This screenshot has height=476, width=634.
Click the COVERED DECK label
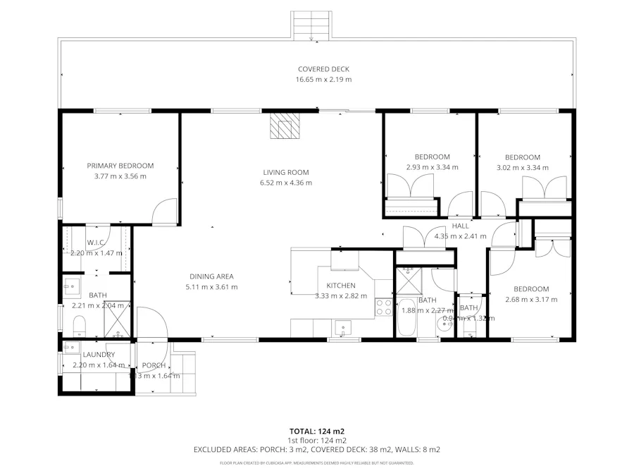[x=323, y=69]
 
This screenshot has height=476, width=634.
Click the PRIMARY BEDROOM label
[x=120, y=166]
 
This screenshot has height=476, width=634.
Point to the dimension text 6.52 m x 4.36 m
[x=286, y=183]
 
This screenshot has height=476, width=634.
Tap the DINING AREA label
[x=211, y=276]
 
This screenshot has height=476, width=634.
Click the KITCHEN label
[x=340, y=285]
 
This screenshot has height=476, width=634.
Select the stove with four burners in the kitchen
[x=384, y=307]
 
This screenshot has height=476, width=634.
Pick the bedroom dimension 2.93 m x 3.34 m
[x=432, y=167]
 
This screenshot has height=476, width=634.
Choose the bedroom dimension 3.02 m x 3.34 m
[x=523, y=168]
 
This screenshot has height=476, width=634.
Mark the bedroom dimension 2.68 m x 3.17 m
[x=531, y=299]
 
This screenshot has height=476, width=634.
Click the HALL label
[x=460, y=226]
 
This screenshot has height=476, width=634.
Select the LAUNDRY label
[x=94, y=354]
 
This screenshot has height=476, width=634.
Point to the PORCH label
[x=154, y=365]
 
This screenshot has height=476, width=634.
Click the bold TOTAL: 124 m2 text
[x=316, y=431]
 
